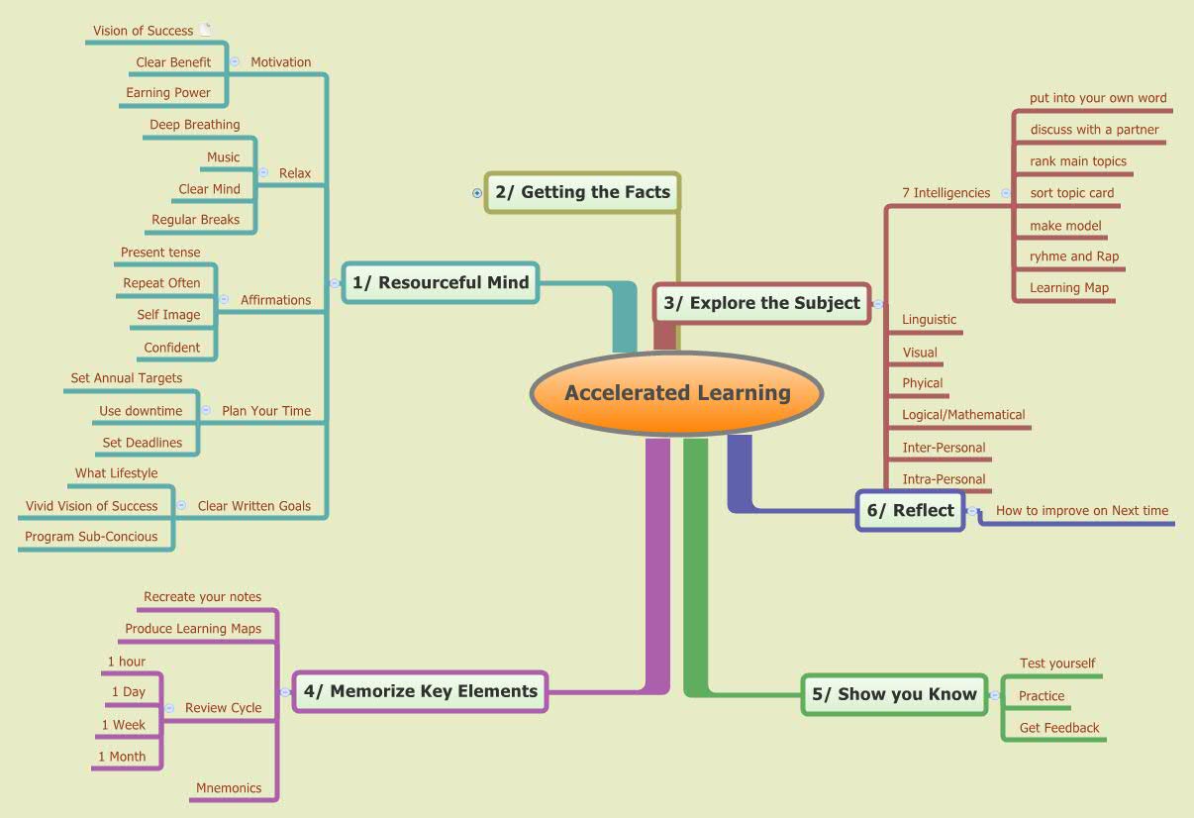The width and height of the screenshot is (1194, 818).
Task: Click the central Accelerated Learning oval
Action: (677, 393)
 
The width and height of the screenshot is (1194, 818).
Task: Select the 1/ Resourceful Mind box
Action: (441, 282)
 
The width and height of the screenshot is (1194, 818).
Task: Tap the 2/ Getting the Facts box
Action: (582, 192)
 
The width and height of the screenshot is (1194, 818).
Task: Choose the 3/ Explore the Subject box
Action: (761, 303)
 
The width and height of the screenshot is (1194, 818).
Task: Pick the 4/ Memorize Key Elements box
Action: (420, 691)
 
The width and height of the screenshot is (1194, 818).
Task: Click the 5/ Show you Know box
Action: (894, 694)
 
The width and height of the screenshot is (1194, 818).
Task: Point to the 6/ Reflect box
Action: (910, 511)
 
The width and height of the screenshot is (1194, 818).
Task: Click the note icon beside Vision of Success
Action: (205, 30)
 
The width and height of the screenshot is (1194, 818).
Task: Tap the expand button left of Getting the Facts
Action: (477, 193)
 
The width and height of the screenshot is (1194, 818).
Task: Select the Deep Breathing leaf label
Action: (194, 125)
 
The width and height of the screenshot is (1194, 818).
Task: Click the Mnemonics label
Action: (229, 788)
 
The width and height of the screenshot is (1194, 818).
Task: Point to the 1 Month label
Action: (122, 757)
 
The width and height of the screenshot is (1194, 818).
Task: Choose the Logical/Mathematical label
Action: (963, 415)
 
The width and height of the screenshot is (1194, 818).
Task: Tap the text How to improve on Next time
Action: (1082, 511)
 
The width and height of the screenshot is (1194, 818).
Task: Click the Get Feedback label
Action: (1059, 728)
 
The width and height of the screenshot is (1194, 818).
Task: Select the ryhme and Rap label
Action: (1074, 256)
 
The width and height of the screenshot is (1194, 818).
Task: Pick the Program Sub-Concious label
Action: (91, 537)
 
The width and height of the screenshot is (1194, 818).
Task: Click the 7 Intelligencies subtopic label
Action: (945, 193)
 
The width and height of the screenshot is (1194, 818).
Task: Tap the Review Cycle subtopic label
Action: (224, 708)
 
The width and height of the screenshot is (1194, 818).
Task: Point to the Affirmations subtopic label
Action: (275, 300)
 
